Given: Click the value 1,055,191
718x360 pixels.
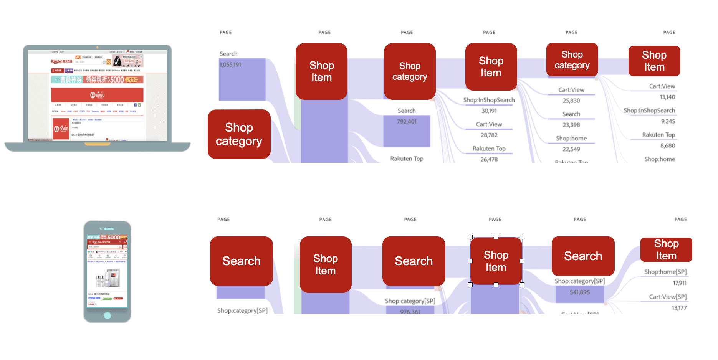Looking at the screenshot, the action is pyautogui.click(x=230, y=65).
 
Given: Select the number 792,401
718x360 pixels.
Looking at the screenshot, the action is pyautogui.click(x=407, y=122).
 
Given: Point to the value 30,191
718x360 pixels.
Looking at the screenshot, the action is pyautogui.click(x=489, y=111).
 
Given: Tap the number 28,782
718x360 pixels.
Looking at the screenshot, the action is pyautogui.click(x=489, y=135).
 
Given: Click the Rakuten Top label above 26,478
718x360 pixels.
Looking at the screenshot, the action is pyautogui.click(x=489, y=149).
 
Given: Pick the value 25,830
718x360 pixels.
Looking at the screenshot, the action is pyautogui.click(x=571, y=101).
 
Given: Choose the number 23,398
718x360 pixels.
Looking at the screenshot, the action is pyautogui.click(x=571, y=125).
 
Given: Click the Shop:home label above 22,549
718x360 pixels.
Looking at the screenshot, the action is pyautogui.click(x=571, y=139).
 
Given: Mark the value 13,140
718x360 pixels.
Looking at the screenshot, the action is pyautogui.click(x=667, y=97).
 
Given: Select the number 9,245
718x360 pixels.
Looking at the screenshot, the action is pyautogui.click(x=668, y=121).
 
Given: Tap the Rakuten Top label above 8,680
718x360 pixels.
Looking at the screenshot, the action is pyautogui.click(x=658, y=135).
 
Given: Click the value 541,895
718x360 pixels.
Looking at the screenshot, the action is pyautogui.click(x=580, y=292).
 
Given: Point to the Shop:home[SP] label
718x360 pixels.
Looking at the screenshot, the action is pyautogui.click(x=665, y=272).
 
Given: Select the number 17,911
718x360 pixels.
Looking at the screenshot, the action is pyautogui.click(x=680, y=283).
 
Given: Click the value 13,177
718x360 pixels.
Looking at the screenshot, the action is pyautogui.click(x=679, y=308).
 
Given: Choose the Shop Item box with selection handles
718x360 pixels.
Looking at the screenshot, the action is pyautogui.click(x=496, y=261).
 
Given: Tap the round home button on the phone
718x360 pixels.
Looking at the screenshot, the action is pyautogui.click(x=108, y=315).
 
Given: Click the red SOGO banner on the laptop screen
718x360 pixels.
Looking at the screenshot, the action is pyautogui.click(x=97, y=95).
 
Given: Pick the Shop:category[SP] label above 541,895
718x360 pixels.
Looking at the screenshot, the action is pyautogui.click(x=580, y=281).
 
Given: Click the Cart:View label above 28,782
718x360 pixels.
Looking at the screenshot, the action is pyautogui.click(x=489, y=124).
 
